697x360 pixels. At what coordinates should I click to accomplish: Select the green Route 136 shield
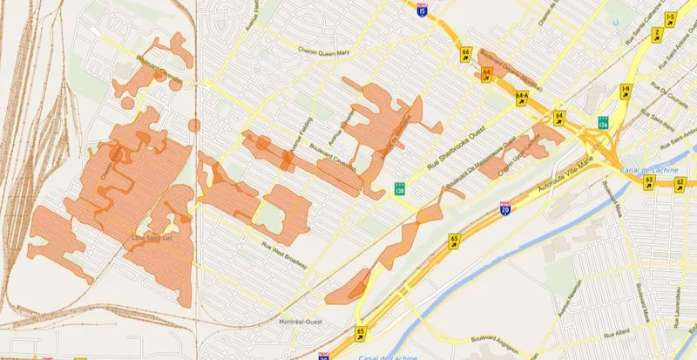(603, 122)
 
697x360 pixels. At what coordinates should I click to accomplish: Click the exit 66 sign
(466, 53)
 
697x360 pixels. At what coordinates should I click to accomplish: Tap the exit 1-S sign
(670, 18)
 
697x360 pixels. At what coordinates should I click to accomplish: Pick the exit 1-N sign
(626, 90)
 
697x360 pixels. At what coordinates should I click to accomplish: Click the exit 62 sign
(680, 183)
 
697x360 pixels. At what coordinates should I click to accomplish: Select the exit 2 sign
(658, 35)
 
